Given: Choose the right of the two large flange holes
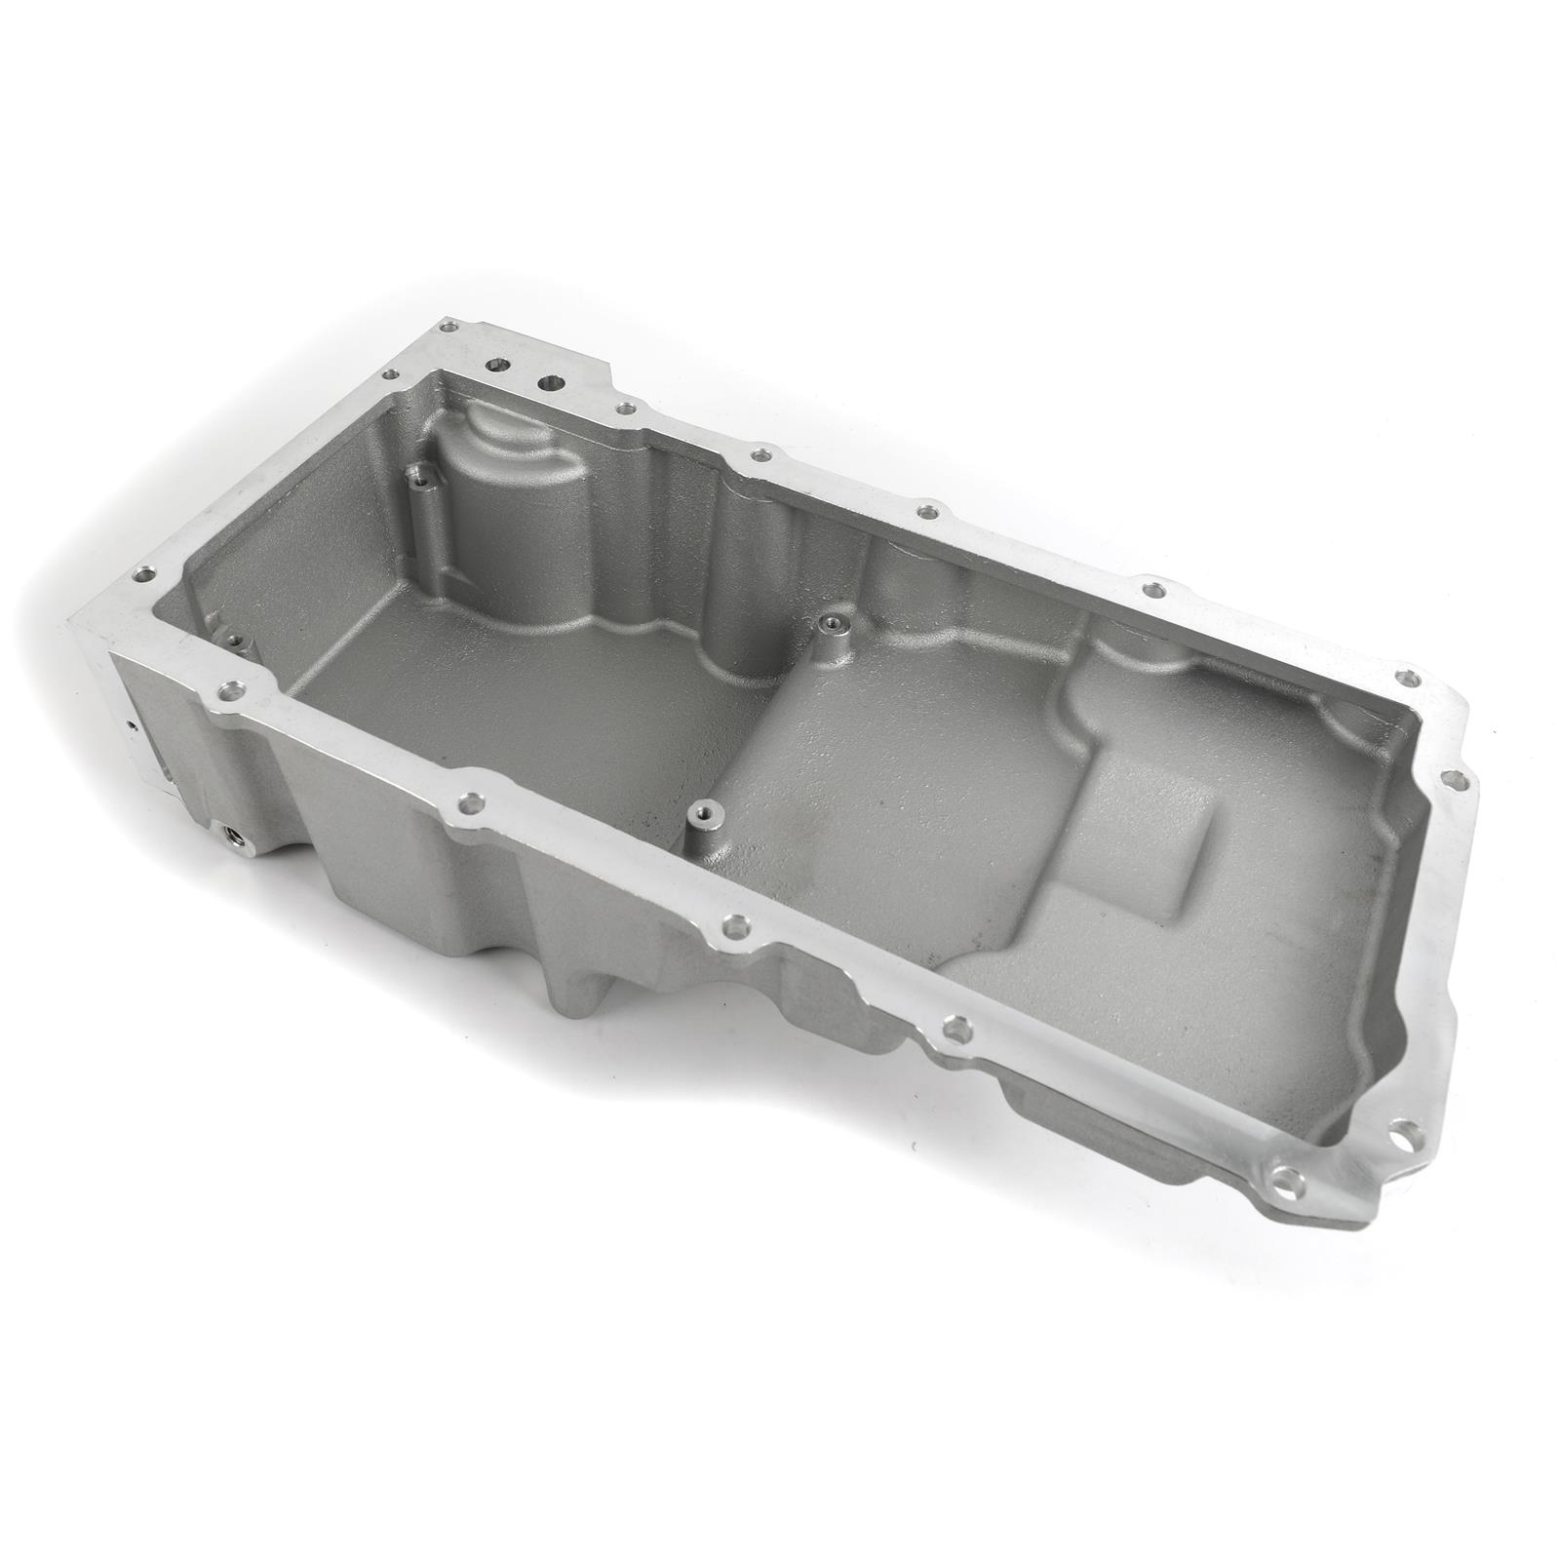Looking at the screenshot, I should click(x=551, y=384).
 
